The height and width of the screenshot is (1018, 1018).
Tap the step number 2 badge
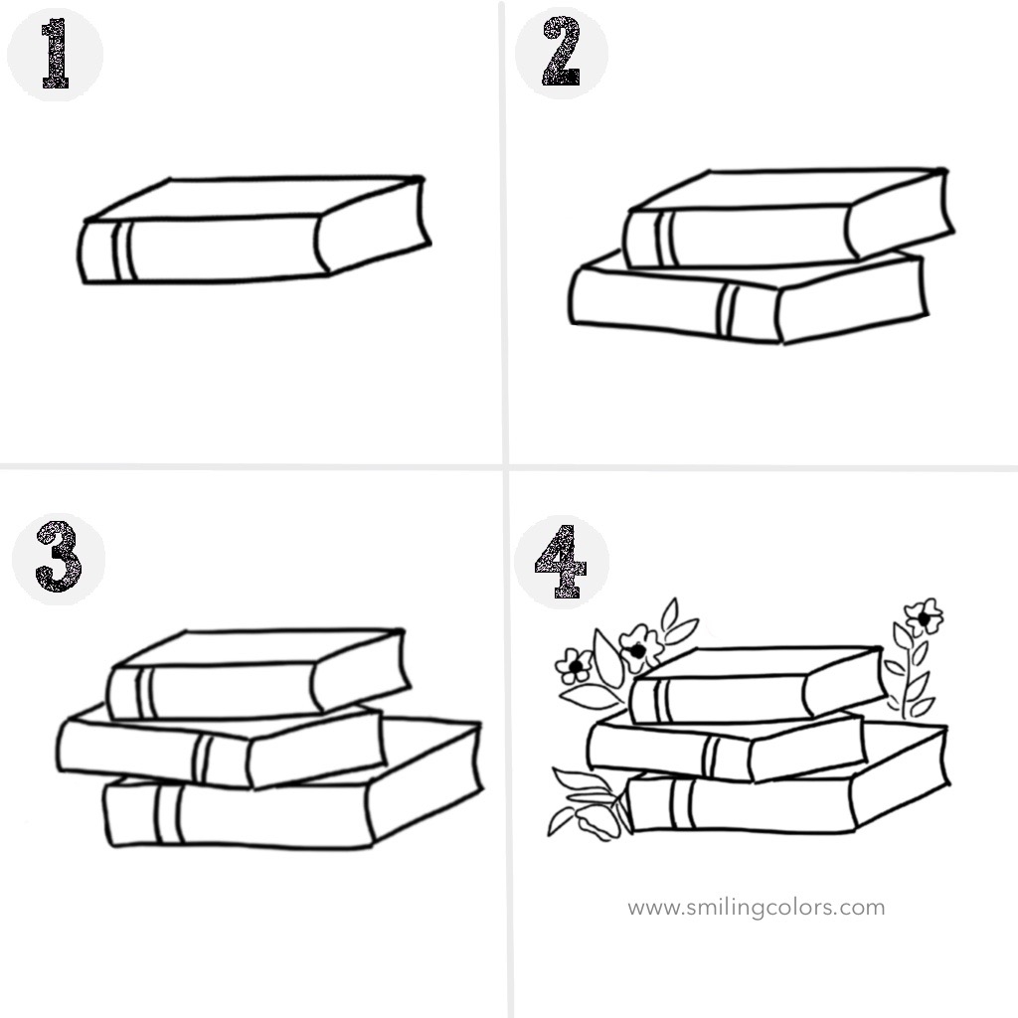coord(562,53)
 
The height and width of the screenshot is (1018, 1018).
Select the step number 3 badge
coord(59,559)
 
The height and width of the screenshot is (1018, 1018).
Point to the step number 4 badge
coord(562,562)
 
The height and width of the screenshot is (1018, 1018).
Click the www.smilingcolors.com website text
coord(756,907)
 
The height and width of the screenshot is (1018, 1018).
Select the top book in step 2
coord(788,218)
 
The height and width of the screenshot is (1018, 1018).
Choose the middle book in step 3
coord(221,747)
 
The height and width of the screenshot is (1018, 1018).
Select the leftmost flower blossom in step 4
coord(574,666)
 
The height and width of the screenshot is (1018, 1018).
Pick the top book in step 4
coord(757,685)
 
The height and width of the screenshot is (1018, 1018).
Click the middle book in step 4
coord(727,747)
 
